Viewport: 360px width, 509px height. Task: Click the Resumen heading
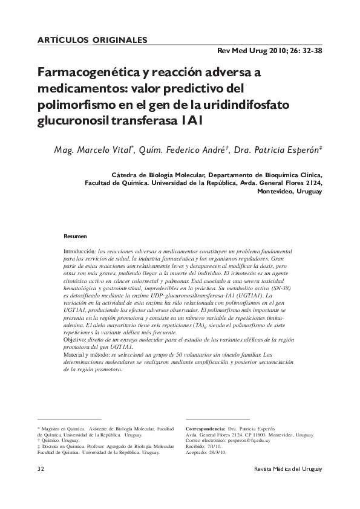[x=75, y=236]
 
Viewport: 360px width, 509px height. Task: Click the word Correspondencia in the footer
[x=209, y=428]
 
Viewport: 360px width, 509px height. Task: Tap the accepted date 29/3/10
[x=215, y=453]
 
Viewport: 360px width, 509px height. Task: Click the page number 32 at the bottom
[x=41, y=470]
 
